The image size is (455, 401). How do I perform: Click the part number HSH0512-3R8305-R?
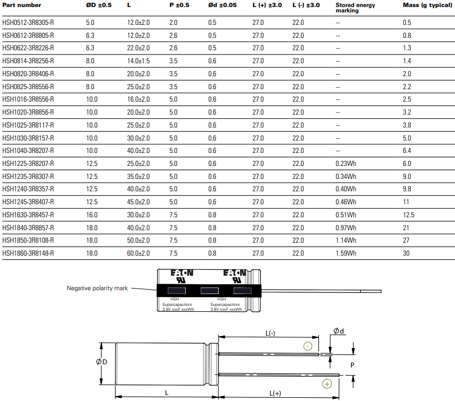click(x=28, y=23)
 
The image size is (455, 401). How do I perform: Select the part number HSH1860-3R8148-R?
click(x=28, y=253)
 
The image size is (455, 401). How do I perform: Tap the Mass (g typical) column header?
click(x=427, y=5)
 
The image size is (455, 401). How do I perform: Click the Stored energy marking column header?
click(x=355, y=8)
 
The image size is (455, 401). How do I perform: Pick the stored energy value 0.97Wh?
click(x=345, y=228)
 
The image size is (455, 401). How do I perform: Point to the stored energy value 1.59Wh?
click(x=345, y=253)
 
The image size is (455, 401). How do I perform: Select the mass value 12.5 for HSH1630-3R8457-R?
click(x=409, y=215)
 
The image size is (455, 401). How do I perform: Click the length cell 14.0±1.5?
click(x=138, y=61)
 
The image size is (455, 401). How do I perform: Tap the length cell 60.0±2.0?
click(x=138, y=253)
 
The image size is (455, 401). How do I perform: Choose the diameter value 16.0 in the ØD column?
click(x=92, y=215)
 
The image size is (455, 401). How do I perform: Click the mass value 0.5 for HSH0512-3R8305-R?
click(x=407, y=23)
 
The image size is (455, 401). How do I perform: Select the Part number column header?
click(x=22, y=5)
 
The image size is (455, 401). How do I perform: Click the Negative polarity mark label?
click(x=97, y=289)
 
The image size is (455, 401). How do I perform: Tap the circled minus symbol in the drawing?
click(x=308, y=346)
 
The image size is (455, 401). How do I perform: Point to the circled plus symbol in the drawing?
click(x=327, y=384)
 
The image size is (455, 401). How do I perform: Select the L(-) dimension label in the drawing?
click(x=270, y=334)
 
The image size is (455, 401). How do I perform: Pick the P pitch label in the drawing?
click(x=352, y=365)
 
